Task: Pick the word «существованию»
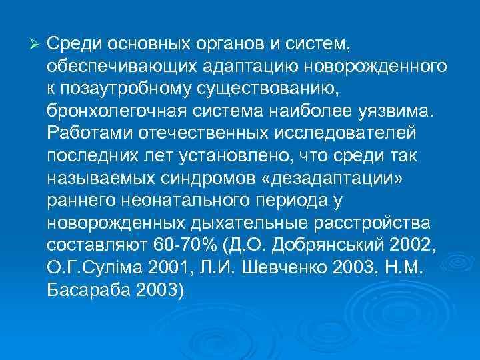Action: pyautogui.click(x=265, y=88)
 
